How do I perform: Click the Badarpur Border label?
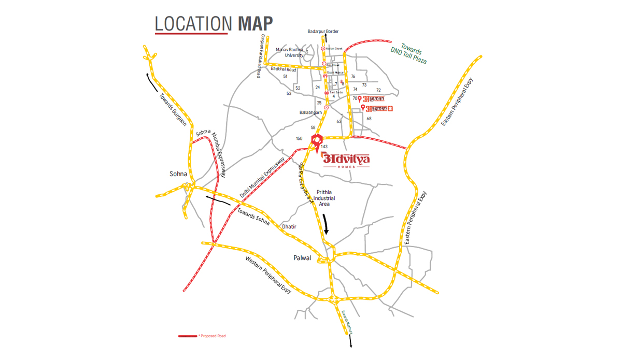point(323,32)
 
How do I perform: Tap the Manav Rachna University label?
point(290,52)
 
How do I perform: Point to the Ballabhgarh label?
point(310,112)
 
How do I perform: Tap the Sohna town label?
point(178,174)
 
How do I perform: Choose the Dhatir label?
point(289,227)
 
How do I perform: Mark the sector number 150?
point(299,139)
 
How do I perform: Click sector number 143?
point(324,147)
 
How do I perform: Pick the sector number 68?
point(369,119)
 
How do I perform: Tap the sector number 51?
point(285,77)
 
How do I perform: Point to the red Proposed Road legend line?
point(187,336)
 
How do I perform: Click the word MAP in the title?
point(255,23)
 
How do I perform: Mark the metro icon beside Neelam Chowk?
point(323,49)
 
